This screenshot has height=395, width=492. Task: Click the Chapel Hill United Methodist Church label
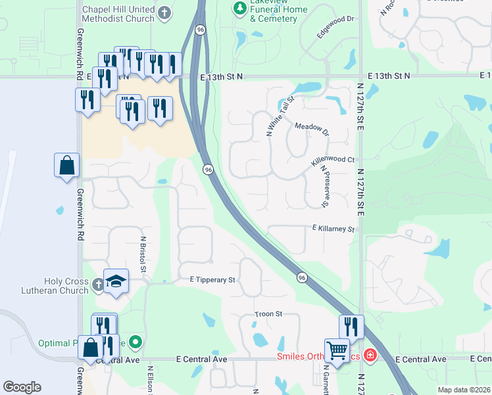coord(118,14)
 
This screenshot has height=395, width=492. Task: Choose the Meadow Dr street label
coord(311,126)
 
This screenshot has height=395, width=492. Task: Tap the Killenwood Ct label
coord(332,160)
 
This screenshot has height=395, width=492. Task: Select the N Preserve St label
coord(324,186)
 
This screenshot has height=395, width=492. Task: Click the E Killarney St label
coord(333,229)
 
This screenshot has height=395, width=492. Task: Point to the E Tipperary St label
coord(212,280)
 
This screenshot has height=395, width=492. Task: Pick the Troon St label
coord(268,315)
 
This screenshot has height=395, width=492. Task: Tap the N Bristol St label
coord(143,254)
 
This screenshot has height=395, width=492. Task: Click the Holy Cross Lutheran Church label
coord(66,286)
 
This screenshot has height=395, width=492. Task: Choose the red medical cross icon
coord(370,355)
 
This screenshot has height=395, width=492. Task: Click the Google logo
coord(22,387)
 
